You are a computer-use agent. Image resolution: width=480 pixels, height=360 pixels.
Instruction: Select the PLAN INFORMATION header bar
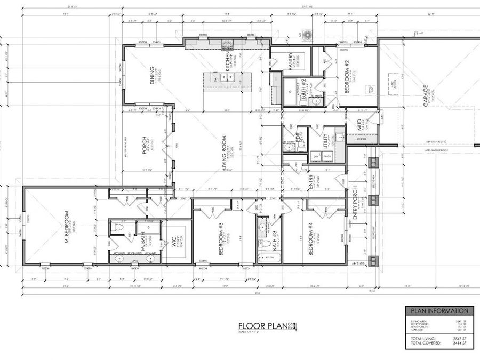438,311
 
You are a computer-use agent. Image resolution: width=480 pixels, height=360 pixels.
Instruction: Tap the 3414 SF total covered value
459,343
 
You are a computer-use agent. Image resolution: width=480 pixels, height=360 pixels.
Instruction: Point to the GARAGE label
426,97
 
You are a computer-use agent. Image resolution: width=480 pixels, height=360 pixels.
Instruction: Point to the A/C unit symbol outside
307,32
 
